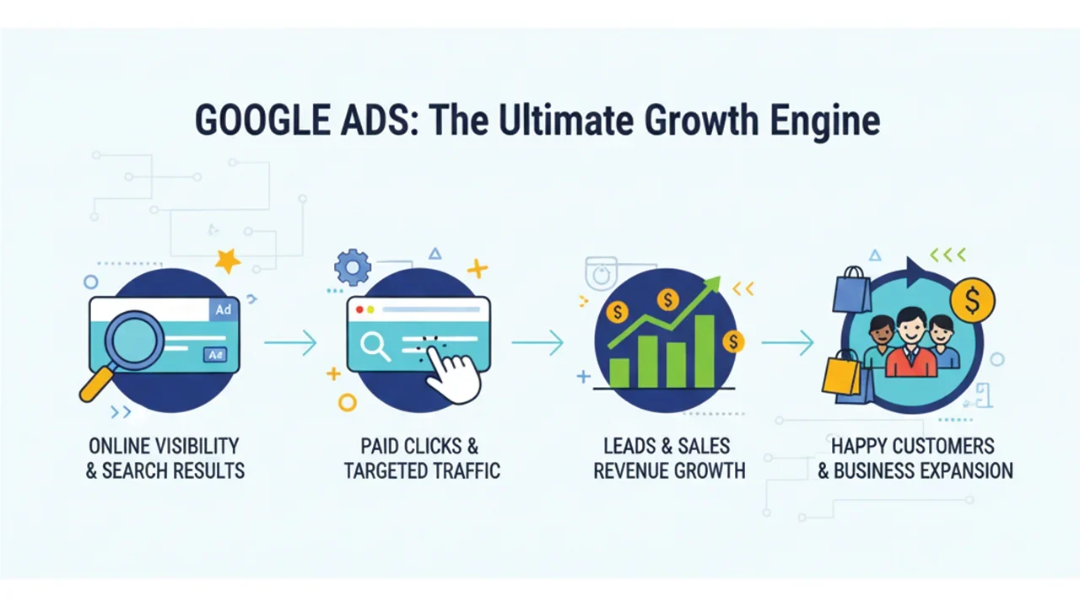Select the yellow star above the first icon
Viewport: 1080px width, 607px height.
click(x=227, y=261)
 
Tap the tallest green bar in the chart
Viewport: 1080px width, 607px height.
click(x=704, y=351)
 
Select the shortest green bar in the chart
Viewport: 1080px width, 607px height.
click(x=619, y=372)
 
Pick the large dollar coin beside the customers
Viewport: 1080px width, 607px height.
click(x=972, y=298)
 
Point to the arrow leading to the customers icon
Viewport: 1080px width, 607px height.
click(x=787, y=342)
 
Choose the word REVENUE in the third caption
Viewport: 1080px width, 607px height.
click(x=630, y=470)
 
